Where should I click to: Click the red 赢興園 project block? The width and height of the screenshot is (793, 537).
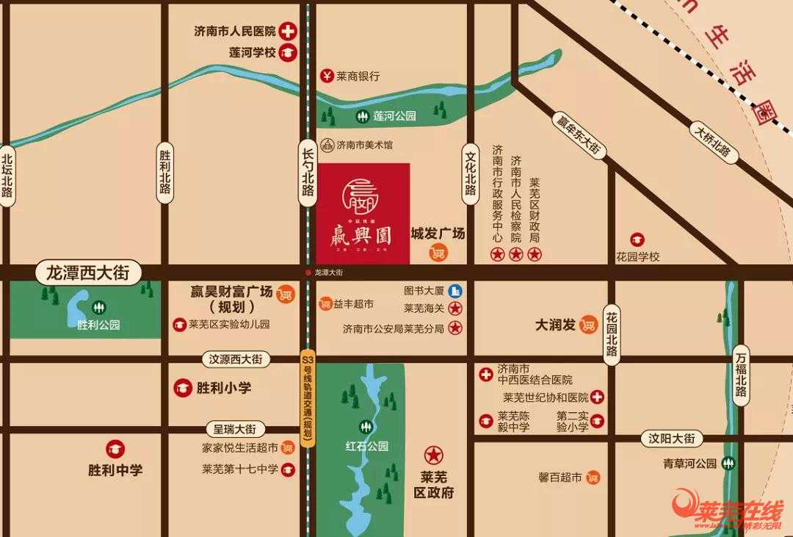(x=363, y=212)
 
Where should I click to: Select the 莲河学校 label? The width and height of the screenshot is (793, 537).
(x=252, y=52)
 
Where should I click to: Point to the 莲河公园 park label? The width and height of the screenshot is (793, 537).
(x=394, y=116)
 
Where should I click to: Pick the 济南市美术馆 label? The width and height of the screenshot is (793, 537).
(x=364, y=145)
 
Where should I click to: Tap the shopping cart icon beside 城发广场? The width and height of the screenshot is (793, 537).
(x=438, y=253)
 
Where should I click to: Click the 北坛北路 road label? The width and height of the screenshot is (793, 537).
(x=7, y=173)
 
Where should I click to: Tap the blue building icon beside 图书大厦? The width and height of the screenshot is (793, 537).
(x=455, y=290)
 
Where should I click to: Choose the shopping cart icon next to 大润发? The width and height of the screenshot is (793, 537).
(x=587, y=325)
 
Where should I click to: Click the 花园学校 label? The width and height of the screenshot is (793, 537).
(x=637, y=256)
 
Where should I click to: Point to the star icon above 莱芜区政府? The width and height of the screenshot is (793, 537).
(x=434, y=455)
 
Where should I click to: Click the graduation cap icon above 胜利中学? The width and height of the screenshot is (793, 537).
(x=115, y=450)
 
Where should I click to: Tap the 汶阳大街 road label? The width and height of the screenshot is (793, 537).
(x=670, y=439)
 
